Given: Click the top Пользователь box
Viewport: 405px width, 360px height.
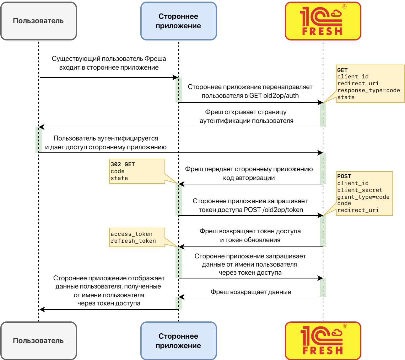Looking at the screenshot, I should pyautogui.click(x=38, y=21).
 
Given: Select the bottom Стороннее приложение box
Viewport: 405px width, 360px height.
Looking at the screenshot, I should pyautogui.click(x=178, y=341).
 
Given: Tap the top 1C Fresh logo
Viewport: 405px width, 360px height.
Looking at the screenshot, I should pyautogui.click(x=323, y=21).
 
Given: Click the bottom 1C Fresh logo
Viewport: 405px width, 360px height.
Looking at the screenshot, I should pyautogui.click(x=323, y=341).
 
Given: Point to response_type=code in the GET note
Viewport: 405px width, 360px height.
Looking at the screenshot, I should pyautogui.click(x=369, y=90).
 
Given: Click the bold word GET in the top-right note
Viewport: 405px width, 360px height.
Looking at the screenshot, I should pyautogui.click(x=342, y=70).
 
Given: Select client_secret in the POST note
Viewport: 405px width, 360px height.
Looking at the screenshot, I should pyautogui.click(x=360, y=190).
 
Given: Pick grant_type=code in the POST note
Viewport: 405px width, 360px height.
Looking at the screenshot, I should pyautogui.click(x=363, y=197).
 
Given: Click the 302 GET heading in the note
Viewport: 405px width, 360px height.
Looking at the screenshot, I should pyautogui.click(x=122, y=164).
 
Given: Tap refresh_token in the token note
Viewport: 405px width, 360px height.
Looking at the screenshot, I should pyautogui.click(x=133, y=241).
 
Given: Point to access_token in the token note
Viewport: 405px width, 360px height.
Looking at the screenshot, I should pyautogui.click(x=132, y=234).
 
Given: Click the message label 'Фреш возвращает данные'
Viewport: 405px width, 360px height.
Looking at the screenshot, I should pyautogui.click(x=251, y=292).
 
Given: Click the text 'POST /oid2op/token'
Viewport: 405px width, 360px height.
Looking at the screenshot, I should pyautogui.click(x=273, y=210).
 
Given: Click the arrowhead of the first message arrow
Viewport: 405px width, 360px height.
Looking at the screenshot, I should pyautogui.click(x=176, y=77).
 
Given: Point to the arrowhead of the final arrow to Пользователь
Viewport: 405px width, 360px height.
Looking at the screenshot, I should pyautogui.click(x=42, y=310).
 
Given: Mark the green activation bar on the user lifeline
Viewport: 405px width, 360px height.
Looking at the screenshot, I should pyautogui.click(x=39, y=140).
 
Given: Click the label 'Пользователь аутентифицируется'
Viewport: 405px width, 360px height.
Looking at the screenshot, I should pyautogui.click(x=106, y=138).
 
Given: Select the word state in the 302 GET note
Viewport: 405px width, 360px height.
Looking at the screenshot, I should pyautogui.click(x=119, y=178).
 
